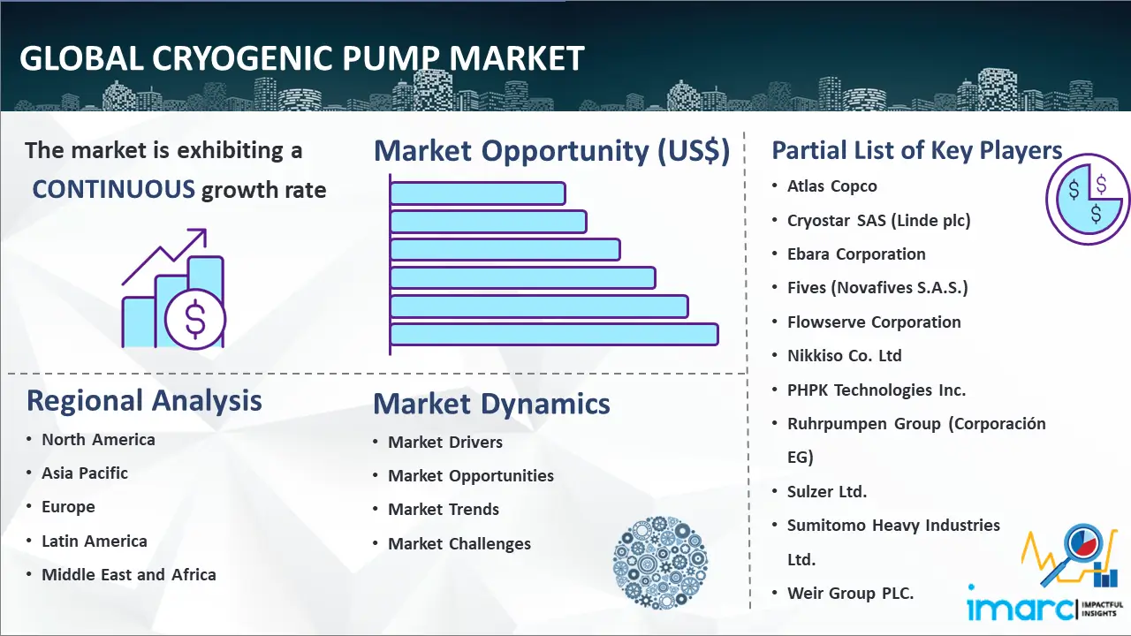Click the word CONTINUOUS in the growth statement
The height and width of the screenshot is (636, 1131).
click(114, 189)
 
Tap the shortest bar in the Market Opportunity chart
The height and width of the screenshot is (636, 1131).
click(477, 193)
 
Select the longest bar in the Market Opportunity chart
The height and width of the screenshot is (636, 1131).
click(554, 335)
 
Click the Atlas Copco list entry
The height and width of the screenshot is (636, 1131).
click(832, 186)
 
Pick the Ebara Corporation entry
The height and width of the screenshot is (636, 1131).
click(856, 254)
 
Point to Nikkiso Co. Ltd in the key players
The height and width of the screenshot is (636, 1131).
click(844, 355)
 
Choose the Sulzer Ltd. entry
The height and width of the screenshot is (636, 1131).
click(827, 491)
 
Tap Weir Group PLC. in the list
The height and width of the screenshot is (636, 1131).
click(850, 593)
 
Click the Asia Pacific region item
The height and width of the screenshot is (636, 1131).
click(85, 473)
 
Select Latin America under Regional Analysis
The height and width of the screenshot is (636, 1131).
click(95, 541)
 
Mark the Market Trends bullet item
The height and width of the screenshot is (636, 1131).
click(444, 510)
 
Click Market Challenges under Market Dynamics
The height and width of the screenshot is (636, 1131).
click(459, 543)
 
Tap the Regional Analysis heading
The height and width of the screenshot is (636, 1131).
click(144, 401)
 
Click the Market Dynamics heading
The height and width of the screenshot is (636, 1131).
click(491, 404)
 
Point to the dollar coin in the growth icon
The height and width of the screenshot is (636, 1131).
click(195, 320)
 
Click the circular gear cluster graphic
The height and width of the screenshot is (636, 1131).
click(660, 563)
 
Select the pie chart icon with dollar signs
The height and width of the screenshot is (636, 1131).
click(1087, 199)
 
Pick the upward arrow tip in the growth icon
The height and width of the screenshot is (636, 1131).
click(206, 231)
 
